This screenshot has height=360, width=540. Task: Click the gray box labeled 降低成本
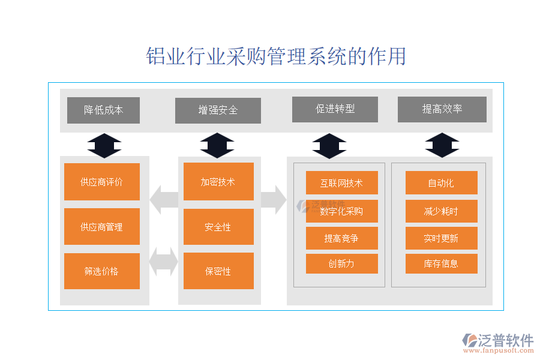click(x=103, y=110)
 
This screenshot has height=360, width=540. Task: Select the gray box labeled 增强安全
click(x=218, y=110)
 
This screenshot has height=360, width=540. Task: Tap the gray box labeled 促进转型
click(x=335, y=109)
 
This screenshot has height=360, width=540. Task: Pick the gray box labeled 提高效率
click(x=442, y=109)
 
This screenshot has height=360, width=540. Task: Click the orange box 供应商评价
click(x=101, y=182)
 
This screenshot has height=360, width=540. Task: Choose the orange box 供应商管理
click(x=101, y=227)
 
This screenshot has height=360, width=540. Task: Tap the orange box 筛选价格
click(x=101, y=271)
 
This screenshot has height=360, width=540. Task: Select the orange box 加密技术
click(x=218, y=182)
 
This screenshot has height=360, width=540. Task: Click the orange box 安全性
click(x=218, y=227)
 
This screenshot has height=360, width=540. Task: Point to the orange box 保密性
click(x=218, y=271)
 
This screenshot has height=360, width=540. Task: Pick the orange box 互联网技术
click(x=341, y=183)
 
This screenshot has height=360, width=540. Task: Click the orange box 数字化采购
click(x=341, y=211)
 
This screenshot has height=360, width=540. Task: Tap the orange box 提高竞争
click(x=341, y=238)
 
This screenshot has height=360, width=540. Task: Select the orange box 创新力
click(x=341, y=263)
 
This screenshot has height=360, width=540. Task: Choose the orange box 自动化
click(x=441, y=183)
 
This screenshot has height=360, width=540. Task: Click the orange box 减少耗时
click(x=441, y=211)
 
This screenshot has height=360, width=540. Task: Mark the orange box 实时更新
click(x=441, y=238)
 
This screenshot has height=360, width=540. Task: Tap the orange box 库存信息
click(x=441, y=263)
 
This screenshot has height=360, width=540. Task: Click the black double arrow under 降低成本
click(x=104, y=146)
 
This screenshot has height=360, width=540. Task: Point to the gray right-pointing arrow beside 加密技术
click(x=274, y=199)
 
